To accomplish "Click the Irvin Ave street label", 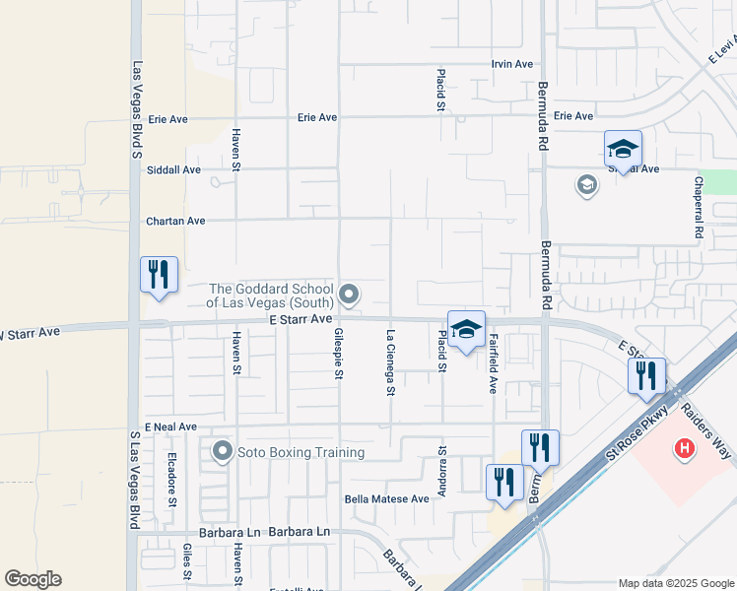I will tap(512, 64).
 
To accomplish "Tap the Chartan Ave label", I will tap(175, 221).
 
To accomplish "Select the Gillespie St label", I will tap(337, 355).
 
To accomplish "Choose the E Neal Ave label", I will tap(170, 427).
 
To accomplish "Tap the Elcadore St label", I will tap(171, 478).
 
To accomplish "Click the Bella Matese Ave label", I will tap(387, 498).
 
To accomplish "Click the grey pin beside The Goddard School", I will tap(349, 294).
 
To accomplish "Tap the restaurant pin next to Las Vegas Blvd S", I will tap(159, 275).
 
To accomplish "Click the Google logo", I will tap(33, 579).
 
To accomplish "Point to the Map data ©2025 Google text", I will tap(675, 583).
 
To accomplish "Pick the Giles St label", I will tap(187, 561).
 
